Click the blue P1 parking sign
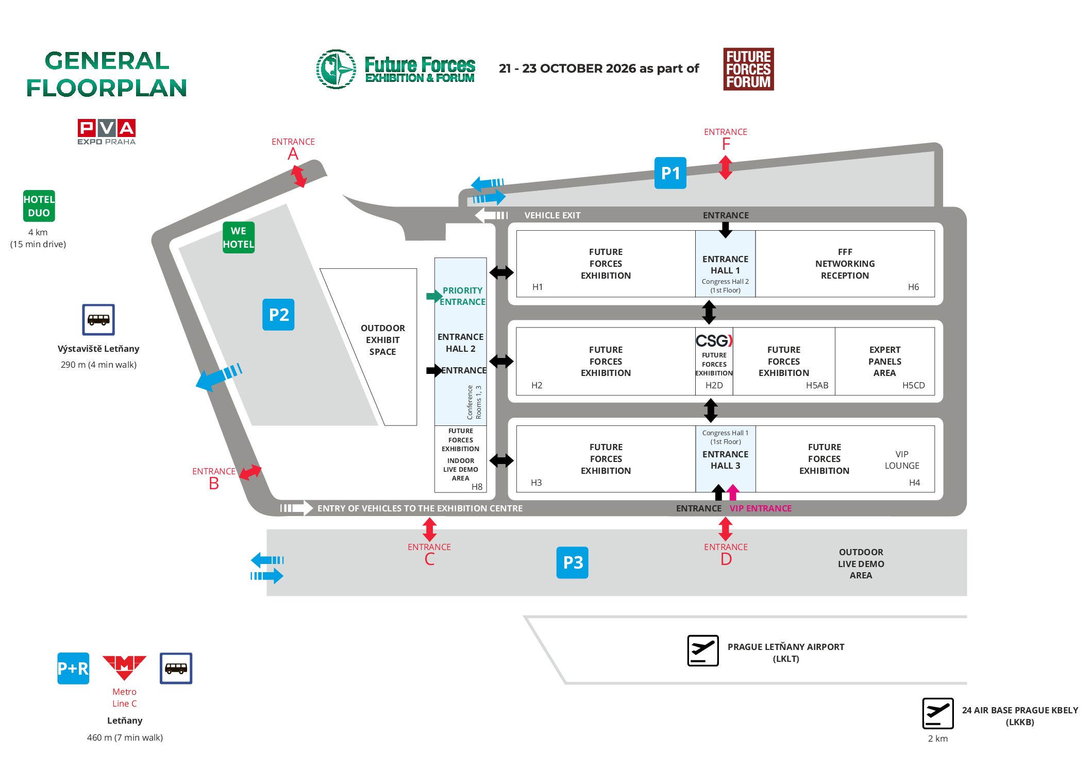[x=670, y=173]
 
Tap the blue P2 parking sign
[x=278, y=314]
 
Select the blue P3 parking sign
[x=572, y=562]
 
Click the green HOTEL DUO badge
[x=39, y=206]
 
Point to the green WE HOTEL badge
[x=238, y=237]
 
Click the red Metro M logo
[x=124, y=667]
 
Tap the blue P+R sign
[x=73, y=669]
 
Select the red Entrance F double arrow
[x=725, y=167]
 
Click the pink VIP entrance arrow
[x=733, y=492]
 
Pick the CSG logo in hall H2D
[x=714, y=340]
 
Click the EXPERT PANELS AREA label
[x=884, y=361]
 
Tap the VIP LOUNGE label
[x=901, y=460]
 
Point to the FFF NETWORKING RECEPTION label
[x=845, y=264]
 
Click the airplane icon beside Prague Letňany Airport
[x=702, y=650]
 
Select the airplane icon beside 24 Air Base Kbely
[x=937, y=713]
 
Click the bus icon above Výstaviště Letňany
[x=98, y=319]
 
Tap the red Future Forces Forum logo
[x=748, y=70]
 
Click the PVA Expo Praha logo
[x=107, y=132]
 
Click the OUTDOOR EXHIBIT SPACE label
[x=382, y=340]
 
